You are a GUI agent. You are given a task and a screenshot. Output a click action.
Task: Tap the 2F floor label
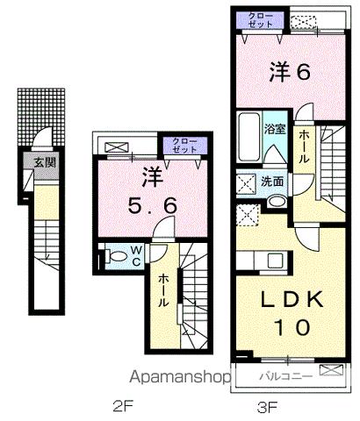click(x=124, y=407)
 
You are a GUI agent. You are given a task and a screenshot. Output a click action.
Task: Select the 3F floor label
click(x=267, y=407)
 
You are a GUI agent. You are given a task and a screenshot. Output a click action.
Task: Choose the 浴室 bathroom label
click(x=275, y=129)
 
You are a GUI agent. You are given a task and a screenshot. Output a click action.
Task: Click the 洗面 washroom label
click(x=271, y=182)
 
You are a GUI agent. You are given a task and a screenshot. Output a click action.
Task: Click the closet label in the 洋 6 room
click(x=261, y=21)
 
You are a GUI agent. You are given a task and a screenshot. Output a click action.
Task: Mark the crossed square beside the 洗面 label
click(x=246, y=183)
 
